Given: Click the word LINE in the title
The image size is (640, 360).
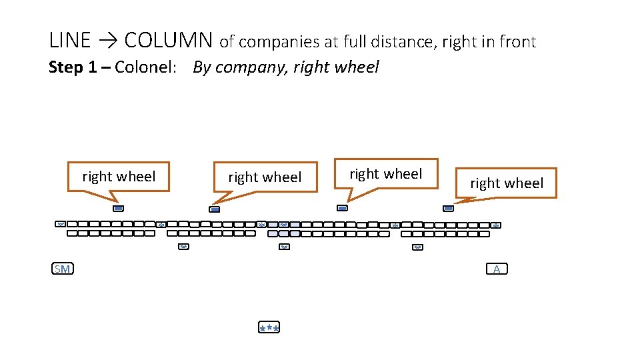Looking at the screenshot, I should (69, 41).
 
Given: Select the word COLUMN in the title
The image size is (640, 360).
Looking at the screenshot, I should (168, 41).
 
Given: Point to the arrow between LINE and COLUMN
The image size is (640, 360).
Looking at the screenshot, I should (107, 41).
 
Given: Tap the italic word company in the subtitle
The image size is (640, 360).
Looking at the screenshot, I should (250, 68).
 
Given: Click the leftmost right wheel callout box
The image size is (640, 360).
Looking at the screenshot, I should (119, 177).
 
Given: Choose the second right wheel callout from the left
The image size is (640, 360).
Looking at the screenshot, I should (265, 177).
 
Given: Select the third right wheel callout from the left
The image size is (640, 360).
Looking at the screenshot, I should (386, 174).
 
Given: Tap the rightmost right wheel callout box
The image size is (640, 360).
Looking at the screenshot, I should (507, 183).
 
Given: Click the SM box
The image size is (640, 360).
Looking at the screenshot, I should (63, 269).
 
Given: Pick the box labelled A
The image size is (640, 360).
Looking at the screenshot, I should (497, 269).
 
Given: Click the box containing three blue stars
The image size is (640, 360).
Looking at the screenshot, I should (269, 327).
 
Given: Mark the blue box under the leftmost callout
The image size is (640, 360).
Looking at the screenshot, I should (118, 208).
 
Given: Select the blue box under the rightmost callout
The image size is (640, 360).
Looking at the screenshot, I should (448, 208).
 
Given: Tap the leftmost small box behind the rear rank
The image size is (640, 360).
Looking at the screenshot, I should (183, 247).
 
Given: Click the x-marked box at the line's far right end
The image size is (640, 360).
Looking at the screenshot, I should (496, 225).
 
